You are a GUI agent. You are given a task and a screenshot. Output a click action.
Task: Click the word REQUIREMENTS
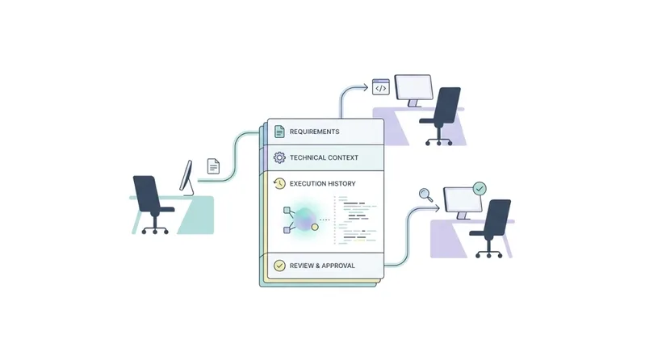click(314, 132)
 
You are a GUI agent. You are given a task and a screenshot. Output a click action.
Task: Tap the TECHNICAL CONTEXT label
click(324, 157)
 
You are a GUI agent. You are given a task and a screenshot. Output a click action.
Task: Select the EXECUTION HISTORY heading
click(323, 183)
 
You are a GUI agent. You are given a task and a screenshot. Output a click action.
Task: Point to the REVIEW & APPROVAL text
click(322, 266)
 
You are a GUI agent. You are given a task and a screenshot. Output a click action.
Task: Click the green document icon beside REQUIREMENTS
click(279, 132)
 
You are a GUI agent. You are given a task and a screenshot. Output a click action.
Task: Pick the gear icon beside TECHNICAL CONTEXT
click(279, 157)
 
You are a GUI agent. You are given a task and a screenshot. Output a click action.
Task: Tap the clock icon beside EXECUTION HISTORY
click(279, 183)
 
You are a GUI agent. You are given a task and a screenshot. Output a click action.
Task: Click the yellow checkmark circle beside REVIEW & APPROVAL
click(279, 266)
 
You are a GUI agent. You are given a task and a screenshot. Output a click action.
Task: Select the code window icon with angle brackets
click(380, 87)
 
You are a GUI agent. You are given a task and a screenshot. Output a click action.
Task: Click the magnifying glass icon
click(425, 195)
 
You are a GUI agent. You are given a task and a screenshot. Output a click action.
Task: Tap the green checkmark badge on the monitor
click(480, 189)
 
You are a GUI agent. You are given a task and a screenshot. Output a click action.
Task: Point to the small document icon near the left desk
click(213, 166)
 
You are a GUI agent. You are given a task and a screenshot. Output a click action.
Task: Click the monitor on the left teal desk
click(186, 178)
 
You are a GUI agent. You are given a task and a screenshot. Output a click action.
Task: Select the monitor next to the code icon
click(413, 90)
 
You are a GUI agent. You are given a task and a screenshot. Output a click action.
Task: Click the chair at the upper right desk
click(442, 116)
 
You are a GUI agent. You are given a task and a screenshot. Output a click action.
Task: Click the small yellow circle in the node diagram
click(315, 227)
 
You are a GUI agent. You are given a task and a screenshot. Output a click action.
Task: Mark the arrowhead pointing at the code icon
click(364, 87)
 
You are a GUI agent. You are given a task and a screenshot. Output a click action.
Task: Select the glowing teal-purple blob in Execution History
click(305, 220)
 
